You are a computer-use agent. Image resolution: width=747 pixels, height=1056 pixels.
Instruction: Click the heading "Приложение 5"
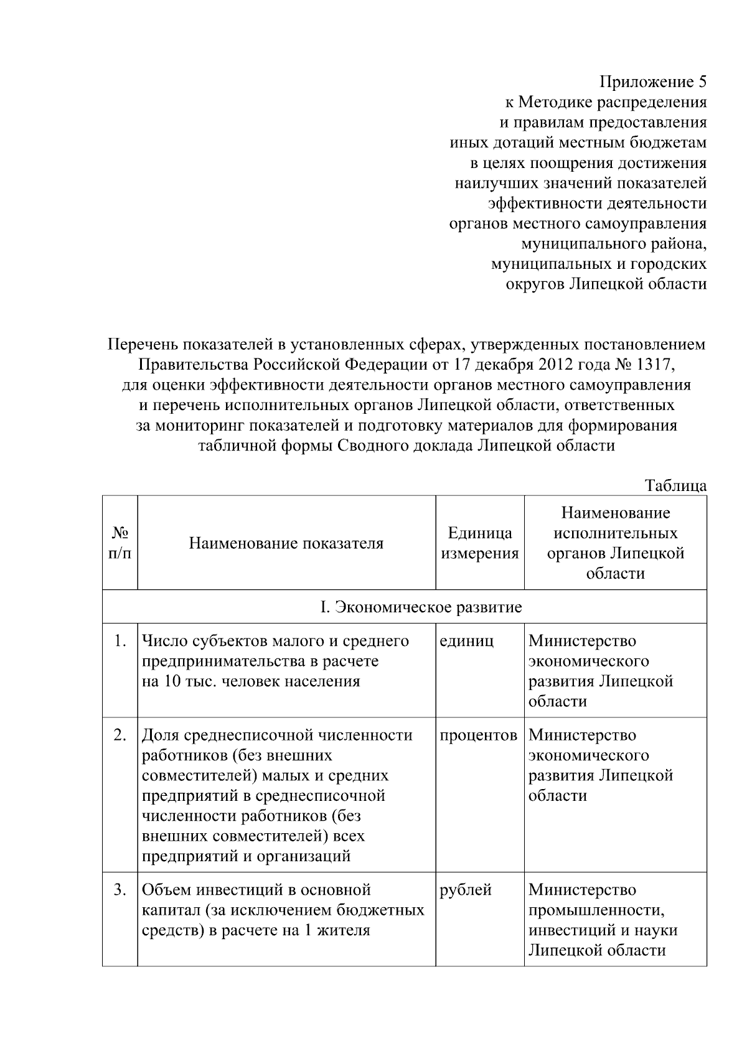(653, 82)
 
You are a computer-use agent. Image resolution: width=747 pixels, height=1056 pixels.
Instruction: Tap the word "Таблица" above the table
(675, 485)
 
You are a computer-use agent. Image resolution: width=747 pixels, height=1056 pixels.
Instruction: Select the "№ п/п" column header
(120, 543)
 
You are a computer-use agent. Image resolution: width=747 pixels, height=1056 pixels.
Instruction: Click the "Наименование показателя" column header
(286, 543)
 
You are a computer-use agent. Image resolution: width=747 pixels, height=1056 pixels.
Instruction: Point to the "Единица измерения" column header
(479, 543)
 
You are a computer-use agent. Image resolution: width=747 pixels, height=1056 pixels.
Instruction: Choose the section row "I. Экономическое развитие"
(421, 607)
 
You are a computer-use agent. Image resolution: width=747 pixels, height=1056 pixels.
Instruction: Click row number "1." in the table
(121, 641)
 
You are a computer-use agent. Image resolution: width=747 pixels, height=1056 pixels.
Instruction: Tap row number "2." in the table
(121, 735)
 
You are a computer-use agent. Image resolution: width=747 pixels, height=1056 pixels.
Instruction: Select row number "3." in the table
(121, 890)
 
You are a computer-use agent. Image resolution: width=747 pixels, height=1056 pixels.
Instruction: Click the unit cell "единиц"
(466, 641)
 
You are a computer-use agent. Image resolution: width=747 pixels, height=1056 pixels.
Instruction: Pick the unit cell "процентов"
(478, 735)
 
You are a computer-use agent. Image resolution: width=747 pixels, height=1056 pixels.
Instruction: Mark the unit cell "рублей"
(466, 890)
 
